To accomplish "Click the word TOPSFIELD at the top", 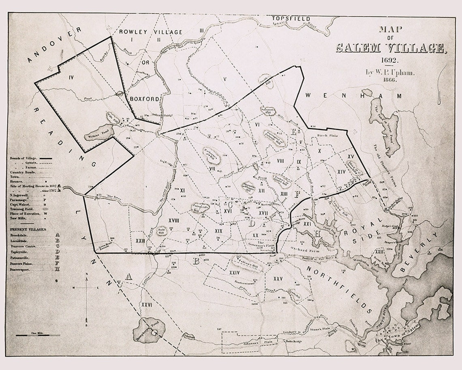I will (x=291, y=19).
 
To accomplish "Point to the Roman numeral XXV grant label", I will (x=278, y=279).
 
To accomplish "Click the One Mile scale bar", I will (x=38, y=335).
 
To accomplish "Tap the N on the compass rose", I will (x=87, y=274).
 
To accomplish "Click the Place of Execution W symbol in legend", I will (x=57, y=213).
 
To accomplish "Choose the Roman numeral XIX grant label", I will (x=218, y=230).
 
